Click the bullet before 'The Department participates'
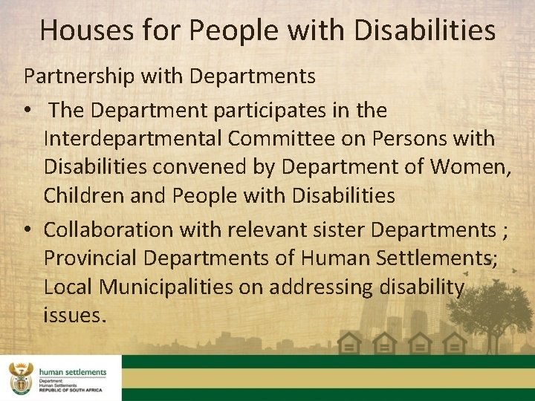tap(28, 111)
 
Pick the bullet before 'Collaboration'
tap(28, 230)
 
